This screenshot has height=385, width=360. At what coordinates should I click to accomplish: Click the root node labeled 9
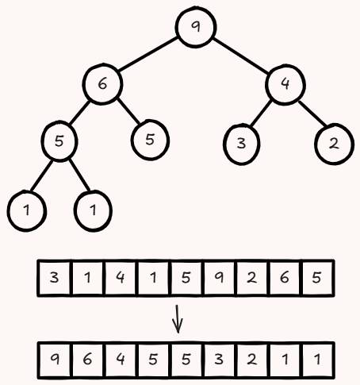click(196, 27)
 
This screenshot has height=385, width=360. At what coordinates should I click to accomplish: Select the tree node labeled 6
click(102, 84)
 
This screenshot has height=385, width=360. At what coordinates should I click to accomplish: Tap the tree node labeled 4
click(285, 84)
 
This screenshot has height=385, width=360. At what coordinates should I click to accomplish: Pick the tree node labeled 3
click(241, 144)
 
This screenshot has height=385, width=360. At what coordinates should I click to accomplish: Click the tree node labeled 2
click(334, 144)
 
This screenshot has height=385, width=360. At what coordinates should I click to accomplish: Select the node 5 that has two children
click(59, 141)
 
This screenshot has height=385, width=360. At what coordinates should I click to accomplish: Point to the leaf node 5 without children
click(150, 140)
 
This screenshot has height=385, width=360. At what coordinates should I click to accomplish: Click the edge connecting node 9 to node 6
click(147, 55)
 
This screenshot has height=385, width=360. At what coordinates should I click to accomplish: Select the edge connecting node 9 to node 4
click(240, 56)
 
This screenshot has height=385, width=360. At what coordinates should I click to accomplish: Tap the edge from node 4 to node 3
click(261, 114)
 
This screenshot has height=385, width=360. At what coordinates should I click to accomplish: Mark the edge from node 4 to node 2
click(312, 114)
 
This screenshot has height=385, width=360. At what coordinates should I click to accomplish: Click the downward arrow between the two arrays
click(178, 319)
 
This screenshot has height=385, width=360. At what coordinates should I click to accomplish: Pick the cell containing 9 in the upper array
click(219, 278)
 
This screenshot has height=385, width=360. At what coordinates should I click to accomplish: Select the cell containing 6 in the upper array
click(285, 278)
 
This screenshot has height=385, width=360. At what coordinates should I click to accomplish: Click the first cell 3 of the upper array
click(54, 278)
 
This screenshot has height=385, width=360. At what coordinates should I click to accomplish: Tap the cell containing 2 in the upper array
click(251, 278)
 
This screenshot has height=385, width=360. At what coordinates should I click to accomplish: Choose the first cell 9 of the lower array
click(55, 360)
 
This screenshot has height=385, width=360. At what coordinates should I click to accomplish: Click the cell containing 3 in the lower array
click(219, 360)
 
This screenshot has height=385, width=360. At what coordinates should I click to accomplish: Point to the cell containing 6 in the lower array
click(87, 360)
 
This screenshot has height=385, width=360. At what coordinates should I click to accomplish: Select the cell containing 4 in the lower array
click(121, 360)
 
